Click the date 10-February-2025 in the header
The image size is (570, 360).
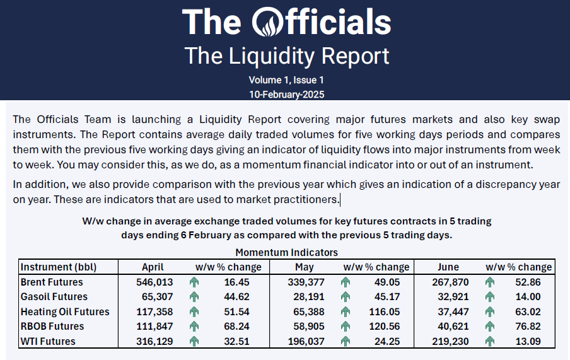pos(287,93)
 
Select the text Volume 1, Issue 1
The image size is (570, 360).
pos(286,80)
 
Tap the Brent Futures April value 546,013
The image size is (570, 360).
pos(155,282)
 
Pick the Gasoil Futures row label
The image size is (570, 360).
pos(54,297)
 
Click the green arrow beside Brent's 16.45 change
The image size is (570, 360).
pos(194,282)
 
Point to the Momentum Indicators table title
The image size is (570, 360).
pos(287,252)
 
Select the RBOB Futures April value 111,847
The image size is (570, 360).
pos(155,327)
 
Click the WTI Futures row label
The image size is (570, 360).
pos(48,341)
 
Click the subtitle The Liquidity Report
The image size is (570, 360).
pos(287,55)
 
